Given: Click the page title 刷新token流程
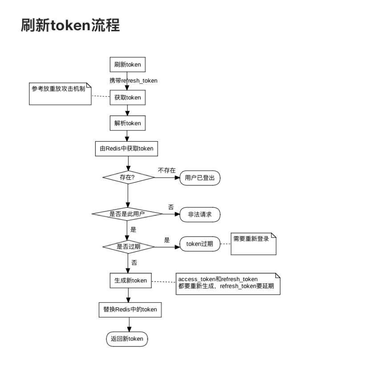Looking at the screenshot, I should pos(70,26).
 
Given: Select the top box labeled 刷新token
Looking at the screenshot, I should pos(128,64).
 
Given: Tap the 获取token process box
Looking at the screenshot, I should pos(128,98).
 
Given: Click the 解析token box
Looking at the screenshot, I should pos(128,123).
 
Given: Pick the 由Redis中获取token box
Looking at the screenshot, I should pos(127,148).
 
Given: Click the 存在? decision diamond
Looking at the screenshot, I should pos(128,177).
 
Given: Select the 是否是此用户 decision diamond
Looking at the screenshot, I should pos(127,214).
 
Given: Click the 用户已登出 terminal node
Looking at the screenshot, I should pos(200,177).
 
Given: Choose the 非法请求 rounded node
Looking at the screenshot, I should pos(200,214).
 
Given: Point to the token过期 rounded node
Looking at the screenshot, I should pos(200,244).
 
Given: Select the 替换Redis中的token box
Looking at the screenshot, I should pos(130,309).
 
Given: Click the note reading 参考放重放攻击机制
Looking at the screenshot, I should pos(60,93).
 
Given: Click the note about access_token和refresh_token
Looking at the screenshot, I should pos(227,283).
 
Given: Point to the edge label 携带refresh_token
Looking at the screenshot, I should pos(134,80).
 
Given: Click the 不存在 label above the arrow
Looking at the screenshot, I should pos(167,170).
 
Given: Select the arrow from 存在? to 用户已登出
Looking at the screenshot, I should pos(167,177).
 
